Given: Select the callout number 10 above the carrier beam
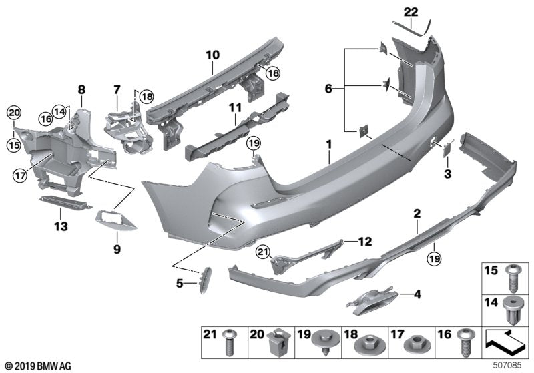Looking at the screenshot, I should pyautogui.click(x=212, y=53).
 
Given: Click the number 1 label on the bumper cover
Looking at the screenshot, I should pyautogui.click(x=328, y=144).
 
